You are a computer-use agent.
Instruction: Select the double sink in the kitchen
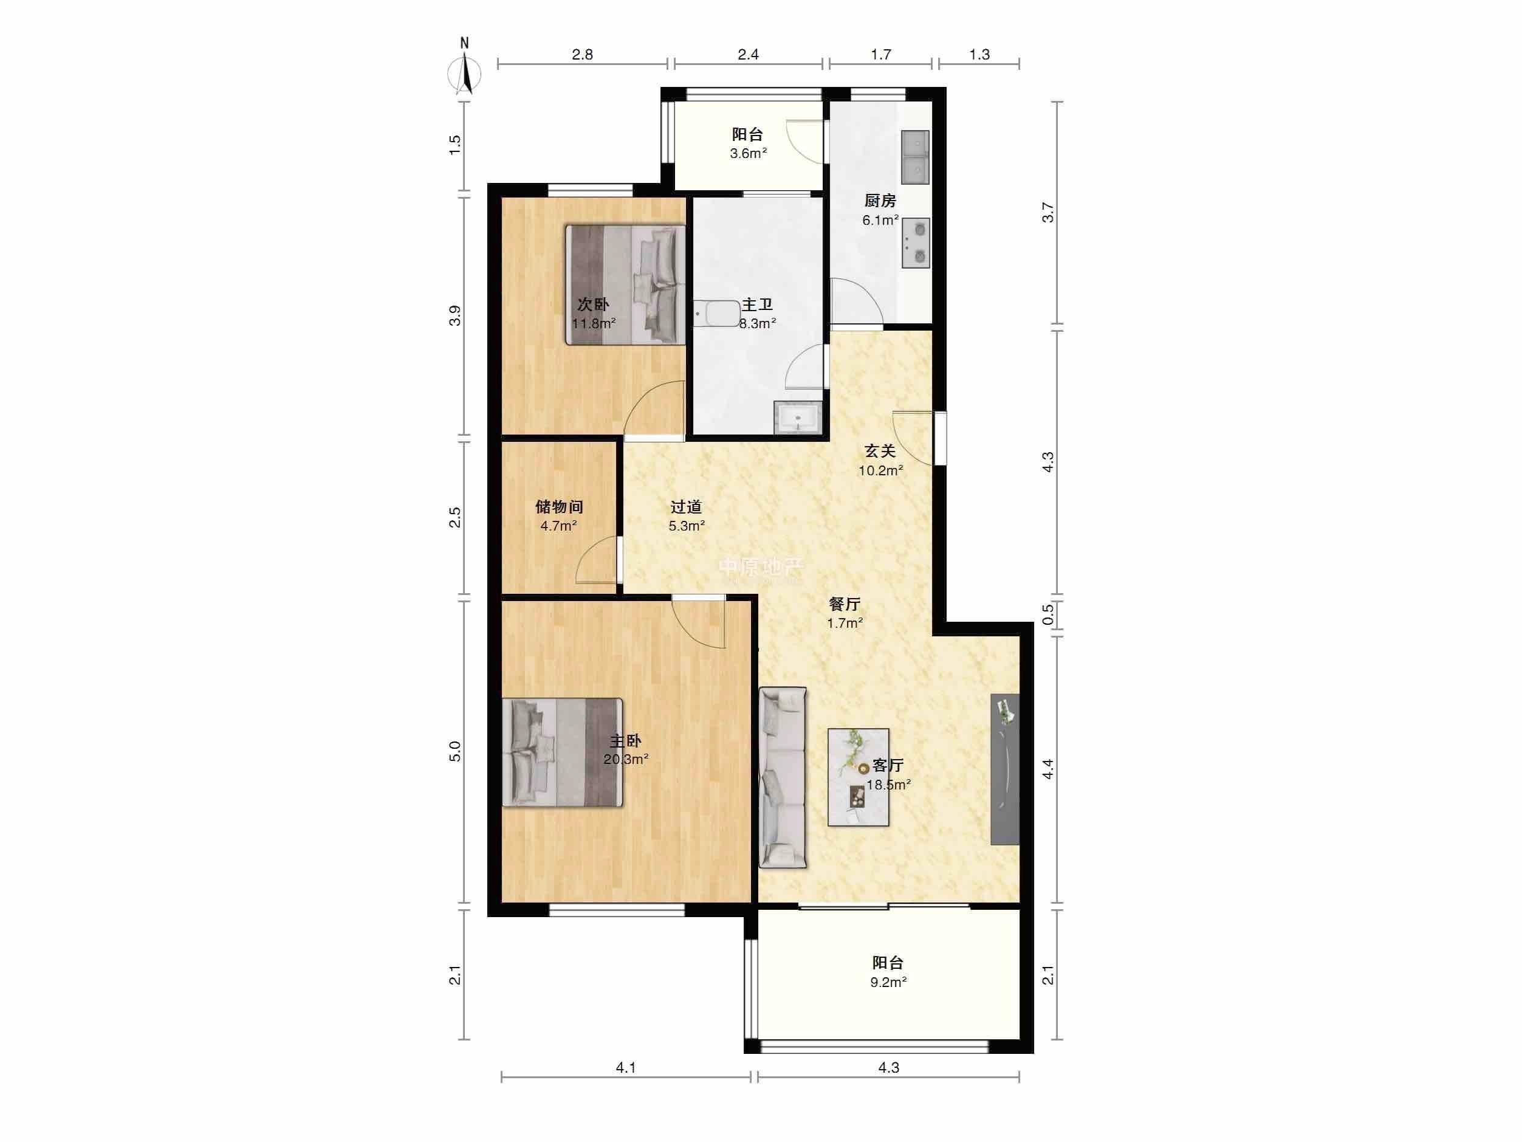point(915,157)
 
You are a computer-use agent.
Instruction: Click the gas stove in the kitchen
point(916,243)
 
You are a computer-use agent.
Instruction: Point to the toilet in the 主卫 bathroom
point(716,314)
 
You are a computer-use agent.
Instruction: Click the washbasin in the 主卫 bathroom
point(798,417)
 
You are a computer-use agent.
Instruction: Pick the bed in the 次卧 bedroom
point(625,285)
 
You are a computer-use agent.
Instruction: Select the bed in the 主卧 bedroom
point(563,752)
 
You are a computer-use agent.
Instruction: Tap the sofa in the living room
point(783,777)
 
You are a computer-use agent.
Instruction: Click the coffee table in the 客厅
point(858,777)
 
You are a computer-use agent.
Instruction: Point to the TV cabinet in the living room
point(1004,769)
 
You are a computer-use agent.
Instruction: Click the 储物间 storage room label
point(560,507)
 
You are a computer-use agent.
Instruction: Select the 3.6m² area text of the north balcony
point(748,154)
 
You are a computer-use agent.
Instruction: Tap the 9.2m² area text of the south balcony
point(888,982)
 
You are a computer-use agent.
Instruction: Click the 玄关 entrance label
point(880,452)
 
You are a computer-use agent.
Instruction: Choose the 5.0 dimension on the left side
point(455,752)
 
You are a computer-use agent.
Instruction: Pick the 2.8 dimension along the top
point(582,54)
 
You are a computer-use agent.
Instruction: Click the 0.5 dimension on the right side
point(1048,614)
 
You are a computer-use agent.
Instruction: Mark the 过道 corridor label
point(686,507)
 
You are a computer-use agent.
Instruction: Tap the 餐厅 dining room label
point(845,604)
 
